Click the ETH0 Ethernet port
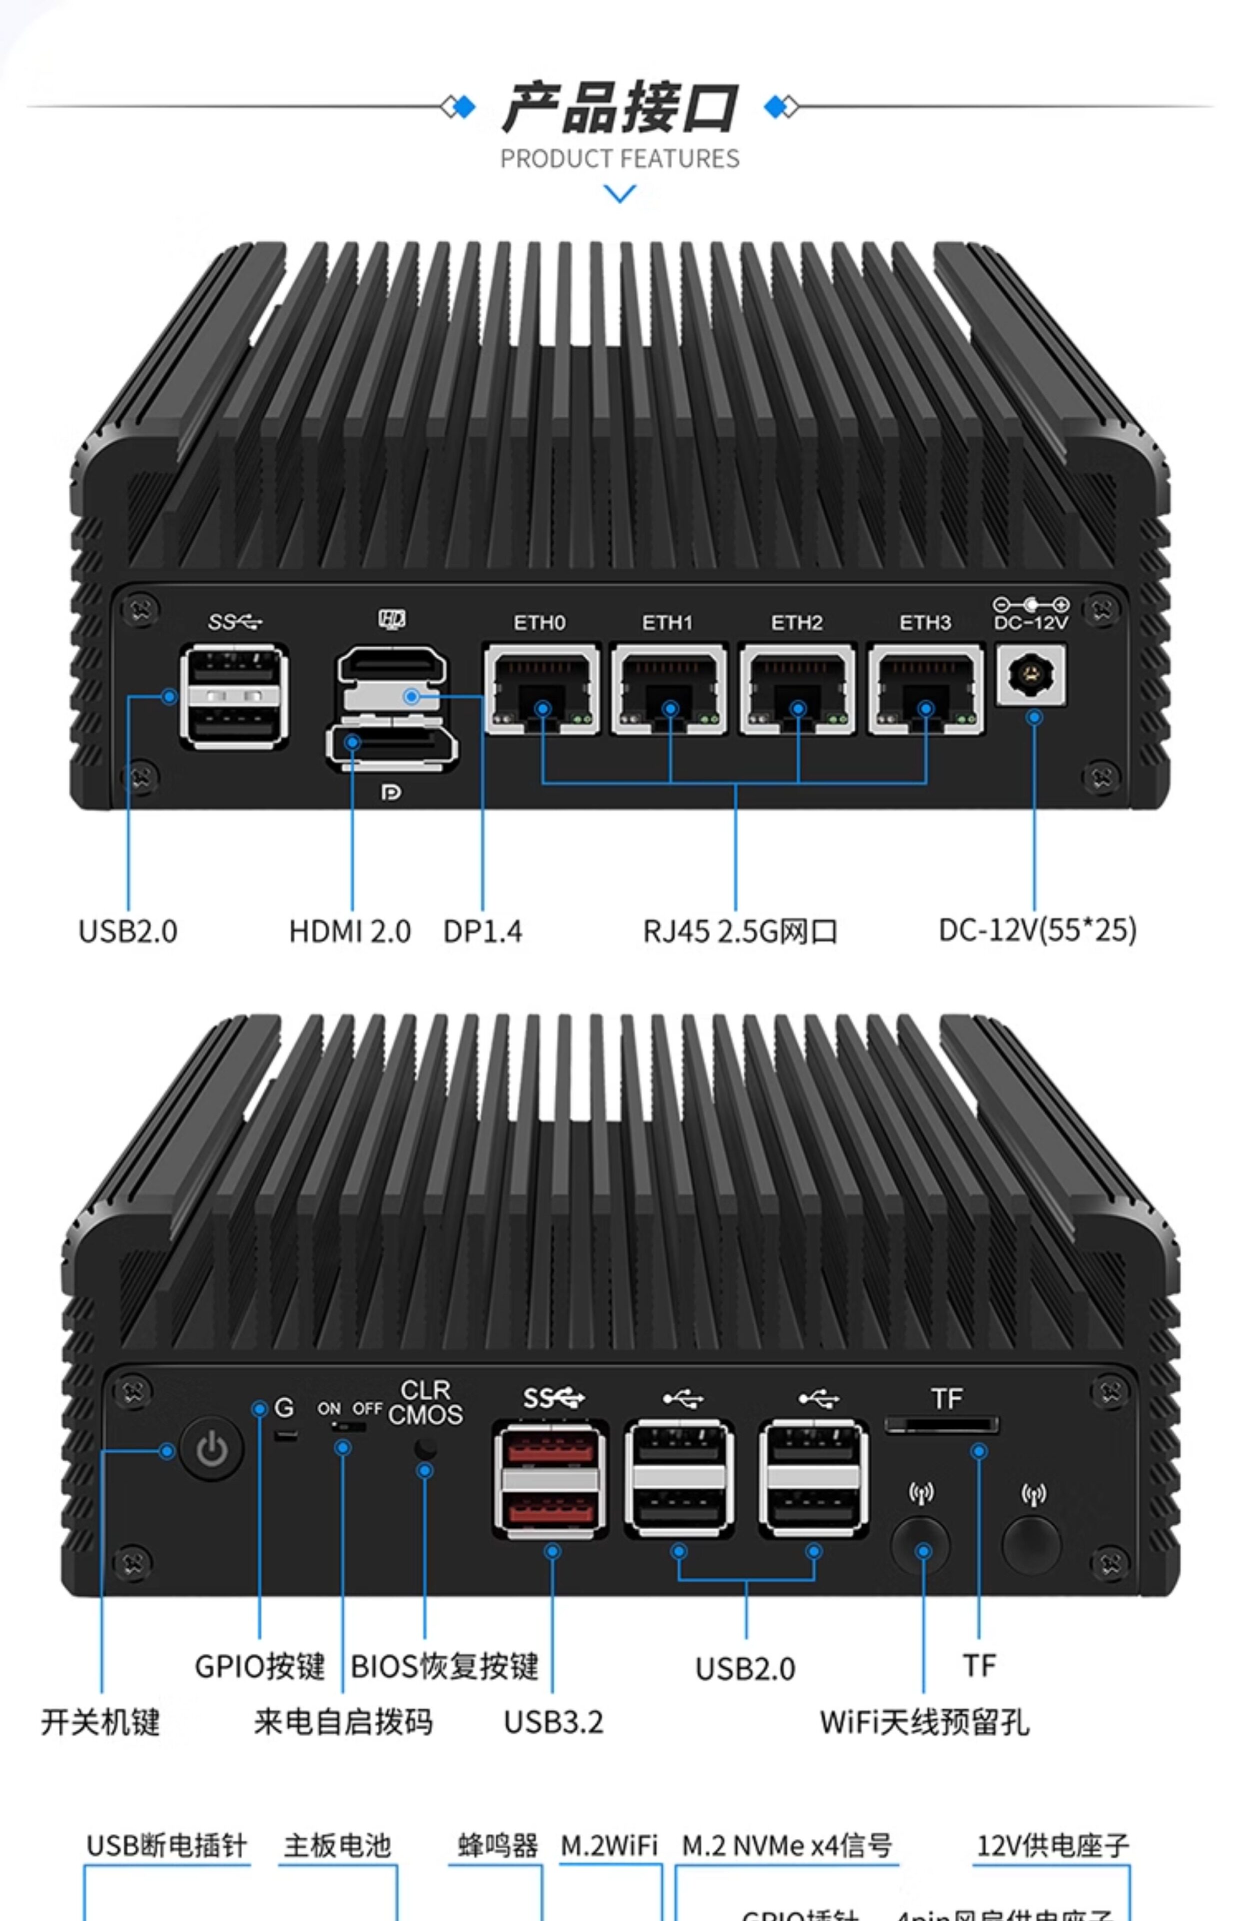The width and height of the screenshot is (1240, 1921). (x=542, y=689)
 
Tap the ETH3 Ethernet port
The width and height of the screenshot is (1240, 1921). (x=926, y=689)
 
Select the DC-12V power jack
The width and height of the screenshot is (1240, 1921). (x=1030, y=675)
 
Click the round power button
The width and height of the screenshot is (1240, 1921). (x=211, y=1450)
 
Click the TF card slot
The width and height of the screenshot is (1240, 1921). (x=941, y=1426)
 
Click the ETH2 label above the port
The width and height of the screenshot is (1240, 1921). (x=796, y=623)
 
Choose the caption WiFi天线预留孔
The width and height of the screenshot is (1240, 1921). (x=924, y=1722)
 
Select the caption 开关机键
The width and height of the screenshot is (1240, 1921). (x=100, y=1722)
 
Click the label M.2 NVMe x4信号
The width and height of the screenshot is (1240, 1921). (x=786, y=1844)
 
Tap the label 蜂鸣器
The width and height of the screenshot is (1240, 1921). (x=497, y=1844)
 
